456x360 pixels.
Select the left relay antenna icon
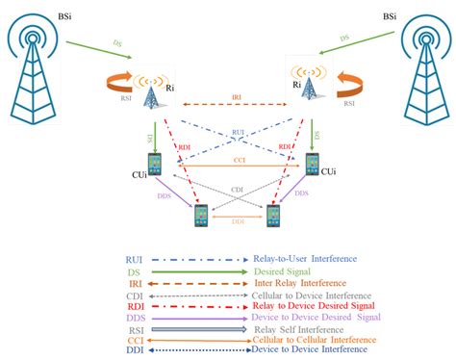pos(150,90)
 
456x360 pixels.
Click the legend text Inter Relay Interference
pos(300,284)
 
